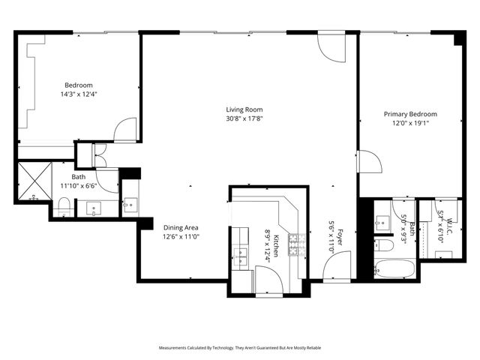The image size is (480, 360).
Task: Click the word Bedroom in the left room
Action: tap(78, 85)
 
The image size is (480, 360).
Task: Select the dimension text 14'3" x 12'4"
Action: tap(78, 94)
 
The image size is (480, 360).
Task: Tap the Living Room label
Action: tap(244, 108)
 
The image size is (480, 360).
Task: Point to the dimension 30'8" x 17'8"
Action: tap(244, 118)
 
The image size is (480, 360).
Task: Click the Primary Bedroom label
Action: tap(410, 114)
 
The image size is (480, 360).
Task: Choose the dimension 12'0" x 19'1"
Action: tap(410, 124)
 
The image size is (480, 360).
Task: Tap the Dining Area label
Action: tap(181, 227)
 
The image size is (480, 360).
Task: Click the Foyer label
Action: tap(339, 238)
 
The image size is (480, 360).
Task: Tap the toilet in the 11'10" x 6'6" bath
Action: tap(64, 206)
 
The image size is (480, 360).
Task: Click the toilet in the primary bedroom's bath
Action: tap(382, 245)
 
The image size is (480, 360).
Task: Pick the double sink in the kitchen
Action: tap(241, 255)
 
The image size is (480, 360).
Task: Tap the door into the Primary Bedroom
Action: tap(368, 161)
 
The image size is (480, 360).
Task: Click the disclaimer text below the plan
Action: tap(239, 348)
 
